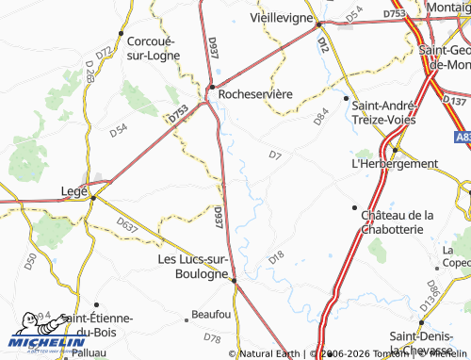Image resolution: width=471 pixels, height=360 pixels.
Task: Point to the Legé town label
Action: [73, 188]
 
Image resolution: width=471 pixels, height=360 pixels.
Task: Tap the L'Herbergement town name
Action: [394, 163]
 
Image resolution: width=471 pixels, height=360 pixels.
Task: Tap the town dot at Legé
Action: [93, 197]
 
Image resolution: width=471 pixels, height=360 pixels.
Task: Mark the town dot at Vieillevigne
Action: [319, 25]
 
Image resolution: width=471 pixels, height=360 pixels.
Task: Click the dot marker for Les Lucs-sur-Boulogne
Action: [233, 279]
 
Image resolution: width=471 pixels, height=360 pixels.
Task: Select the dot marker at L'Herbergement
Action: [395, 149]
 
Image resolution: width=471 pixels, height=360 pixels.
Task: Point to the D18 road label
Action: [276, 256]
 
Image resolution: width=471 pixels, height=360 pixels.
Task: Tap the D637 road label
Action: [127, 224]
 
